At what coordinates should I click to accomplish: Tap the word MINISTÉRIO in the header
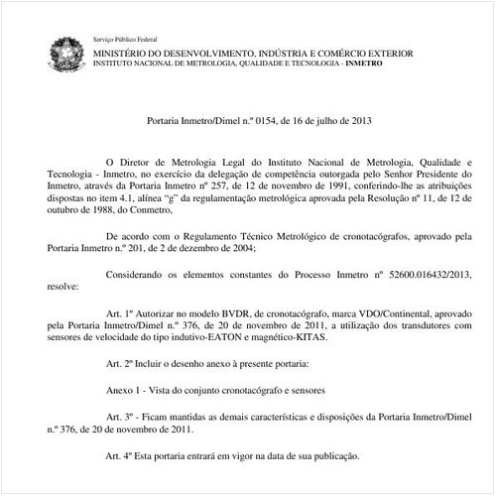click(x=124, y=51)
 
